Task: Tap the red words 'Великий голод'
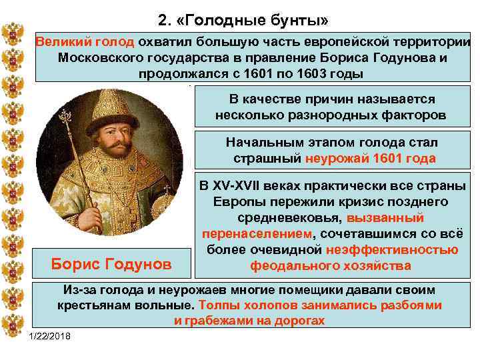coord(85,41)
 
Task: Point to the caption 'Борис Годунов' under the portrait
coord(111,264)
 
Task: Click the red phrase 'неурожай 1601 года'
coord(370,159)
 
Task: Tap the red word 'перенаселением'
coord(257,233)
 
